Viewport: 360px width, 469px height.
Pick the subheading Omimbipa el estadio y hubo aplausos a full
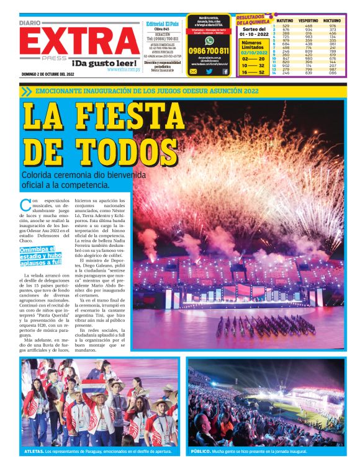(41, 254)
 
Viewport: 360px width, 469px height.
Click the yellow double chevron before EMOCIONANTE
(26, 91)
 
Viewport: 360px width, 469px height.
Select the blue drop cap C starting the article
(25, 204)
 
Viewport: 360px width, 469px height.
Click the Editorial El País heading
(163, 24)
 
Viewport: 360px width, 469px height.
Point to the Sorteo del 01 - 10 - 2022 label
(253, 32)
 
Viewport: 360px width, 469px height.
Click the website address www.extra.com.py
(122, 69)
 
